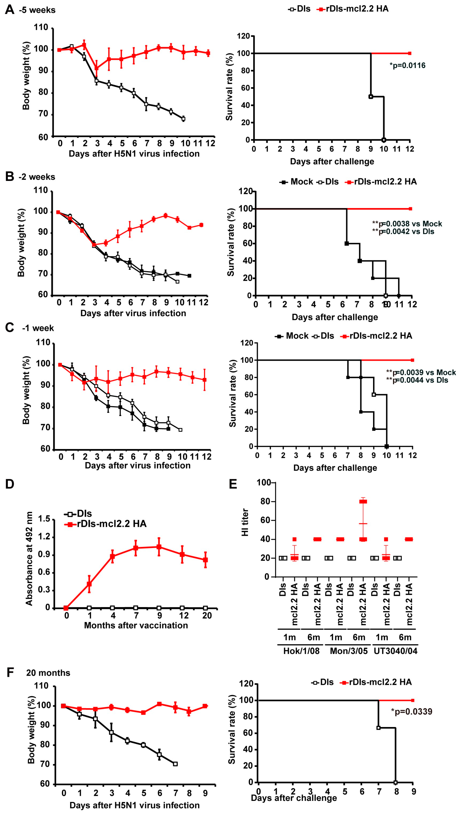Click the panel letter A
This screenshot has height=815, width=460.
pyautogui.click(x=9, y=9)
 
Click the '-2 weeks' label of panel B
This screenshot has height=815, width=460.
pyautogui.click(x=37, y=177)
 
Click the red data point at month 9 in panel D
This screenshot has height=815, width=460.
pyautogui.click(x=159, y=547)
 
